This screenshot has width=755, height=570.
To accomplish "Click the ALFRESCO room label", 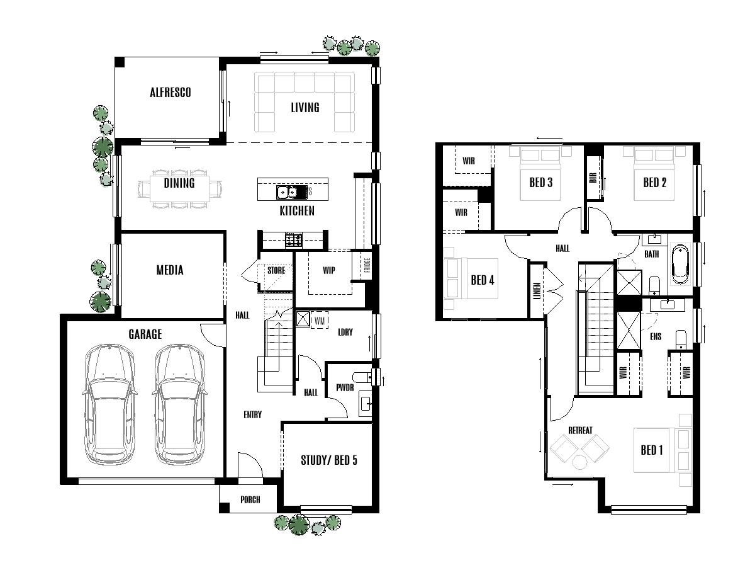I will pos(170,93).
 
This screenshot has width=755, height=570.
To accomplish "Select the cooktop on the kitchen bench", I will pos(293,239).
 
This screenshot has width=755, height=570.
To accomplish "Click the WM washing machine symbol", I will pos(320,320).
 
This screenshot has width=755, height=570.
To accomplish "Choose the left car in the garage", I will pos(109,403).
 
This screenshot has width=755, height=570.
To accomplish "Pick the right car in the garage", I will pos(180,403).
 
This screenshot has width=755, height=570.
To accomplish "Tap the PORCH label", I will pos(250,500).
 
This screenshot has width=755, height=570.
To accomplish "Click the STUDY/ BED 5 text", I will pos(328,460).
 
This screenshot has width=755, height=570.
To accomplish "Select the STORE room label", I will pos(276,270).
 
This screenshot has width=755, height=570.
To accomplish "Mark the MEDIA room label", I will pos(170,270).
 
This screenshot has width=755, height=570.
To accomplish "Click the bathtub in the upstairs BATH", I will pos(681,265).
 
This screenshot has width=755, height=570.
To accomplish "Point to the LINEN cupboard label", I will pos(537,290).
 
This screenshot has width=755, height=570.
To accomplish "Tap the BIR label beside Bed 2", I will pos(593,178).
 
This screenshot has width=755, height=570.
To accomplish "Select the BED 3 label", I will pos(540,183).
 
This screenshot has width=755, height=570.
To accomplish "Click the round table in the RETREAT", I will pos(579,462).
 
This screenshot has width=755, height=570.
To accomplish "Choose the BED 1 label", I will pos(652,450).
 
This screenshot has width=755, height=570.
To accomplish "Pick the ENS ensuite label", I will pos(655,337).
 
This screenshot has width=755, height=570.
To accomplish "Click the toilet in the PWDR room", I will pos(361,378).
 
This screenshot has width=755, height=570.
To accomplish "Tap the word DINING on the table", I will pos(179,183).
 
